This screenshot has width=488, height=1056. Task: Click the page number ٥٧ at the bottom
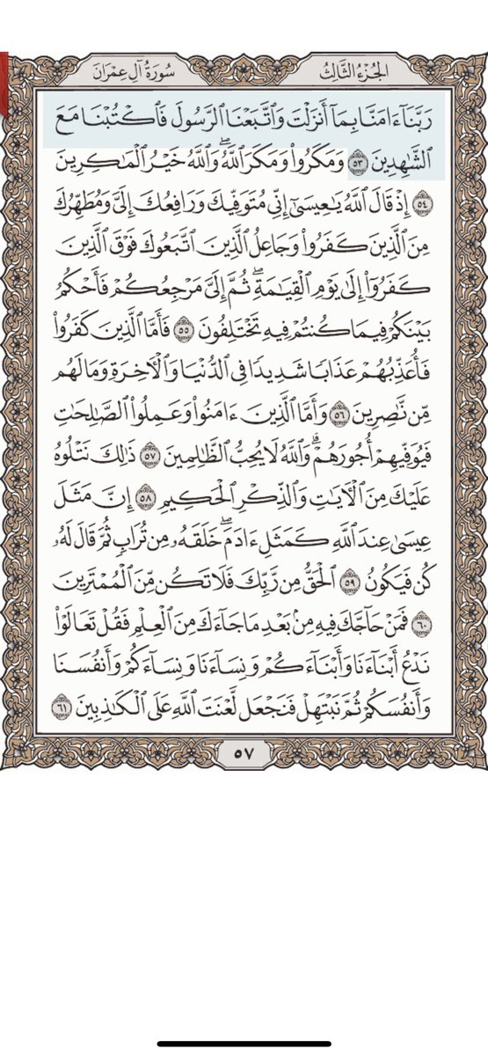tap(244, 752)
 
